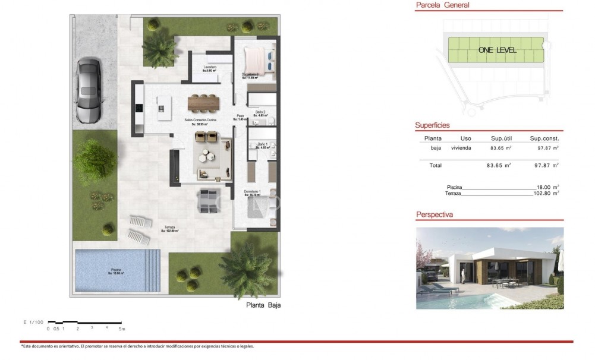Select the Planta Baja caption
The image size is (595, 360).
[263, 306]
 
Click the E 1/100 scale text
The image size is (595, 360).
[33, 321]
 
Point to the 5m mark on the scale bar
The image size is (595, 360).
[122, 328]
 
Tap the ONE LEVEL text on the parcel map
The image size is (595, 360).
[497, 50]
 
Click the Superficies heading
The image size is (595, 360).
[432, 125]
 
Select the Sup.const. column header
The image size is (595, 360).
[544, 138]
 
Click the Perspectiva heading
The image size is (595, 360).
[434, 214]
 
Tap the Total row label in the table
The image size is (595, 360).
[436, 165]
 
